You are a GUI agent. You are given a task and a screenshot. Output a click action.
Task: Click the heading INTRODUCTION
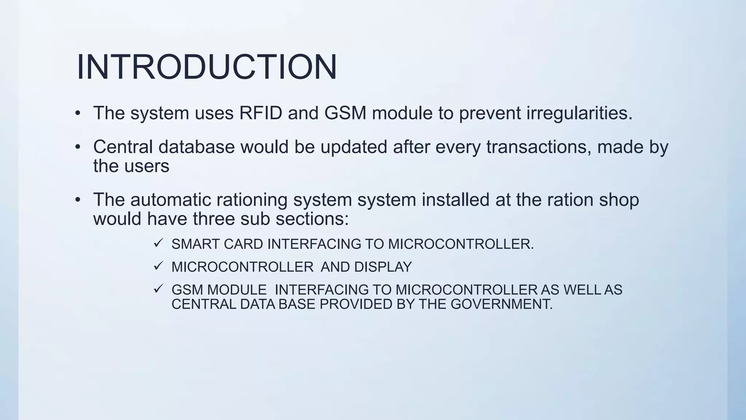[207, 67]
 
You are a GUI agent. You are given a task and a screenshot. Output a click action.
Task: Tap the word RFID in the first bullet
[260, 113]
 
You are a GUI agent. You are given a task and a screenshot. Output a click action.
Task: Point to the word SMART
[195, 244]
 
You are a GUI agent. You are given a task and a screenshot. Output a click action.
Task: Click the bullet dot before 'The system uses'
[78, 113]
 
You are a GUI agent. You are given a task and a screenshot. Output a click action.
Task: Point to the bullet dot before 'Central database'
[78, 147]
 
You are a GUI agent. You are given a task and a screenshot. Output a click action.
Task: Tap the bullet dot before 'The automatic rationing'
[78, 200]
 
